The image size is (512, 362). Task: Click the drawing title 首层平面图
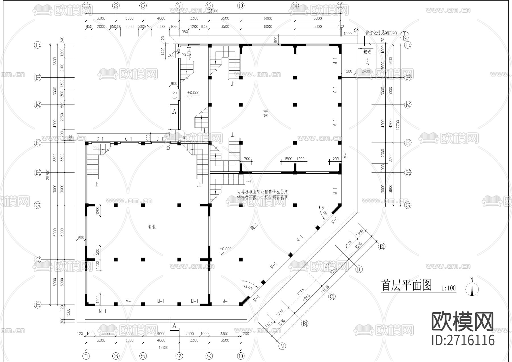click(x=407, y=285)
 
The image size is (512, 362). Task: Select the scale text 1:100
click(x=449, y=288)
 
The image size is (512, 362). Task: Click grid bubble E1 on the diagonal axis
click(x=382, y=247)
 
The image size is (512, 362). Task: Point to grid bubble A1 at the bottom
click(x=282, y=346)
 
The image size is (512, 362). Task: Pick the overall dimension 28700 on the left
click(x=48, y=174)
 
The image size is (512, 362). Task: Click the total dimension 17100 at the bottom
click(x=163, y=347)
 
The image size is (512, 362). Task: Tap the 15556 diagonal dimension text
click(x=325, y=289)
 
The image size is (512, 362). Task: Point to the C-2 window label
click(x=175, y=95)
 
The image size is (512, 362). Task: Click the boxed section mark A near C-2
click(x=174, y=112)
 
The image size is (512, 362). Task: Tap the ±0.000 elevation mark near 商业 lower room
click(x=225, y=249)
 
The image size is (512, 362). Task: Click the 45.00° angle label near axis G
click(x=324, y=212)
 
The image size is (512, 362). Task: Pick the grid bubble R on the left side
click(x=38, y=45)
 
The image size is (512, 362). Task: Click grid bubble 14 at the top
click(x=295, y=5)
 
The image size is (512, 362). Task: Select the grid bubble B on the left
click(x=38, y=305)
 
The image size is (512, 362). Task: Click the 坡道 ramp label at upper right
click(x=367, y=52)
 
